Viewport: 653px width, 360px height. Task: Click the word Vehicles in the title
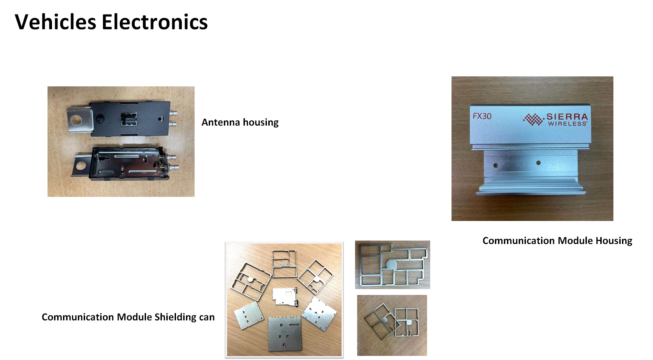tap(55, 22)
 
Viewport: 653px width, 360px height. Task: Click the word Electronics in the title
tap(155, 22)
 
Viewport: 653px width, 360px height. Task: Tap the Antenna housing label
tap(240, 123)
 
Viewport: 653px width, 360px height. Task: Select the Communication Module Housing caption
tap(557, 241)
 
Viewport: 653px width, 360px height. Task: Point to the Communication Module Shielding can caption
tap(128, 317)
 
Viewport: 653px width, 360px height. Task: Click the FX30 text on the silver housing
tap(482, 116)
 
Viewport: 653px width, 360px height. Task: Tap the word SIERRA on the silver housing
tap(567, 117)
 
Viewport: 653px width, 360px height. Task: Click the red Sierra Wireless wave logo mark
tap(533, 119)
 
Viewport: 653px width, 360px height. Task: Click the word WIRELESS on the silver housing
tap(568, 124)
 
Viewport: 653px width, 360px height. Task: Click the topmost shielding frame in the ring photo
tap(284, 264)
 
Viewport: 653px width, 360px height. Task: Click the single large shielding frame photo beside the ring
tap(393, 265)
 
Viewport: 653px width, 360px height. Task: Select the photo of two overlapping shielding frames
tap(392, 325)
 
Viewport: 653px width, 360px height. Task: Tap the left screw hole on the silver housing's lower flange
tap(496, 166)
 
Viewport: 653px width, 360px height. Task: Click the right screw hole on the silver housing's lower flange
tap(538, 163)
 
